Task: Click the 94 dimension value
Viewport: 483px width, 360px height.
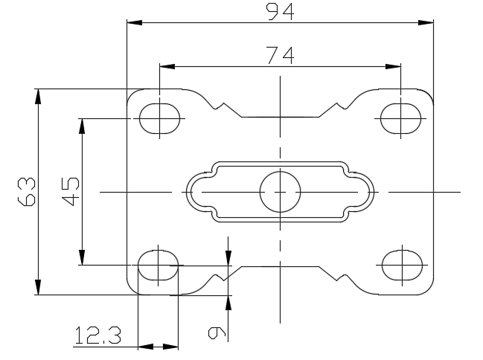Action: (280, 12)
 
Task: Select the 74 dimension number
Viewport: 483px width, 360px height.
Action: (280, 56)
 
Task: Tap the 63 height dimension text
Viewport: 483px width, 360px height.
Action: (27, 191)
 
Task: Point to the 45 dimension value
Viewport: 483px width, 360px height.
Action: (71, 191)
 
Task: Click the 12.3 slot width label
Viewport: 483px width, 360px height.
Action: (98, 335)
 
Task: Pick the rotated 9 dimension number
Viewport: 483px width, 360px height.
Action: (217, 333)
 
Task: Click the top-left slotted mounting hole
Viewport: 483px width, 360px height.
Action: (159, 118)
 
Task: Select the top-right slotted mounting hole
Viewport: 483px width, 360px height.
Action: (400, 118)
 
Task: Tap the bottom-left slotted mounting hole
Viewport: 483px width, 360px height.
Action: (158, 265)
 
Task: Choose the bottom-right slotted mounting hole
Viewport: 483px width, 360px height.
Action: (403, 265)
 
